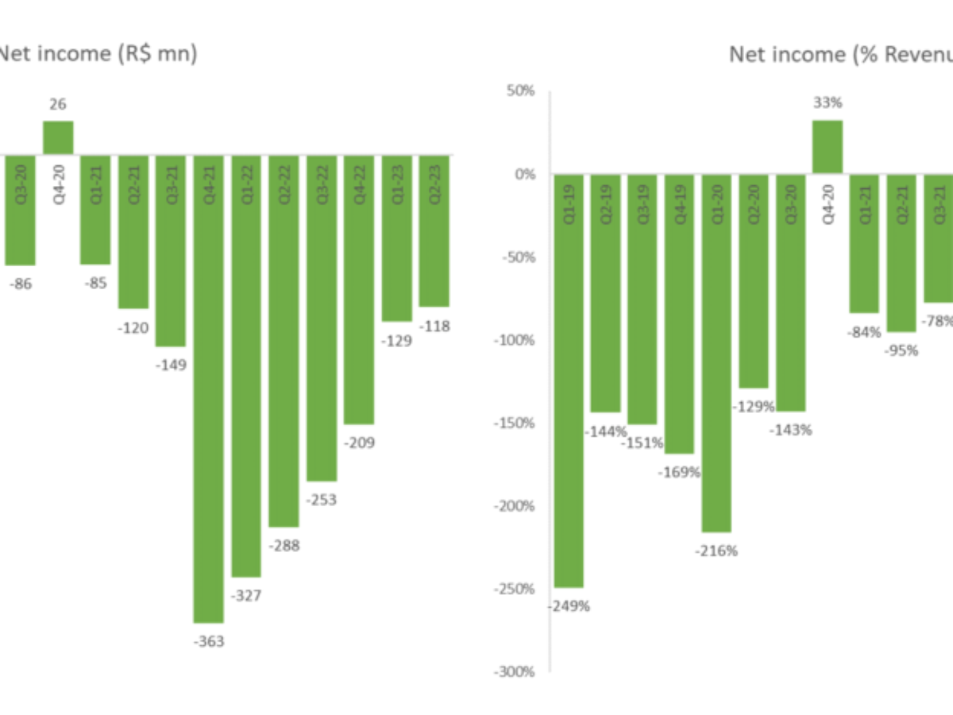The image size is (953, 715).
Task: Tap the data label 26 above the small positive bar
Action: click(58, 104)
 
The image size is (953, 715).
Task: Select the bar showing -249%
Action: click(569, 381)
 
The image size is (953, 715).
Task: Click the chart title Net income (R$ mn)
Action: click(98, 55)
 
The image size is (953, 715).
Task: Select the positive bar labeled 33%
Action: click(828, 147)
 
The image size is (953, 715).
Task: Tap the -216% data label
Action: click(716, 551)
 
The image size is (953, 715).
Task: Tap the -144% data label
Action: click(606, 432)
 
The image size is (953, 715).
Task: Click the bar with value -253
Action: click(322, 318)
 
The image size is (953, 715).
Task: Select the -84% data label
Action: click(864, 332)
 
